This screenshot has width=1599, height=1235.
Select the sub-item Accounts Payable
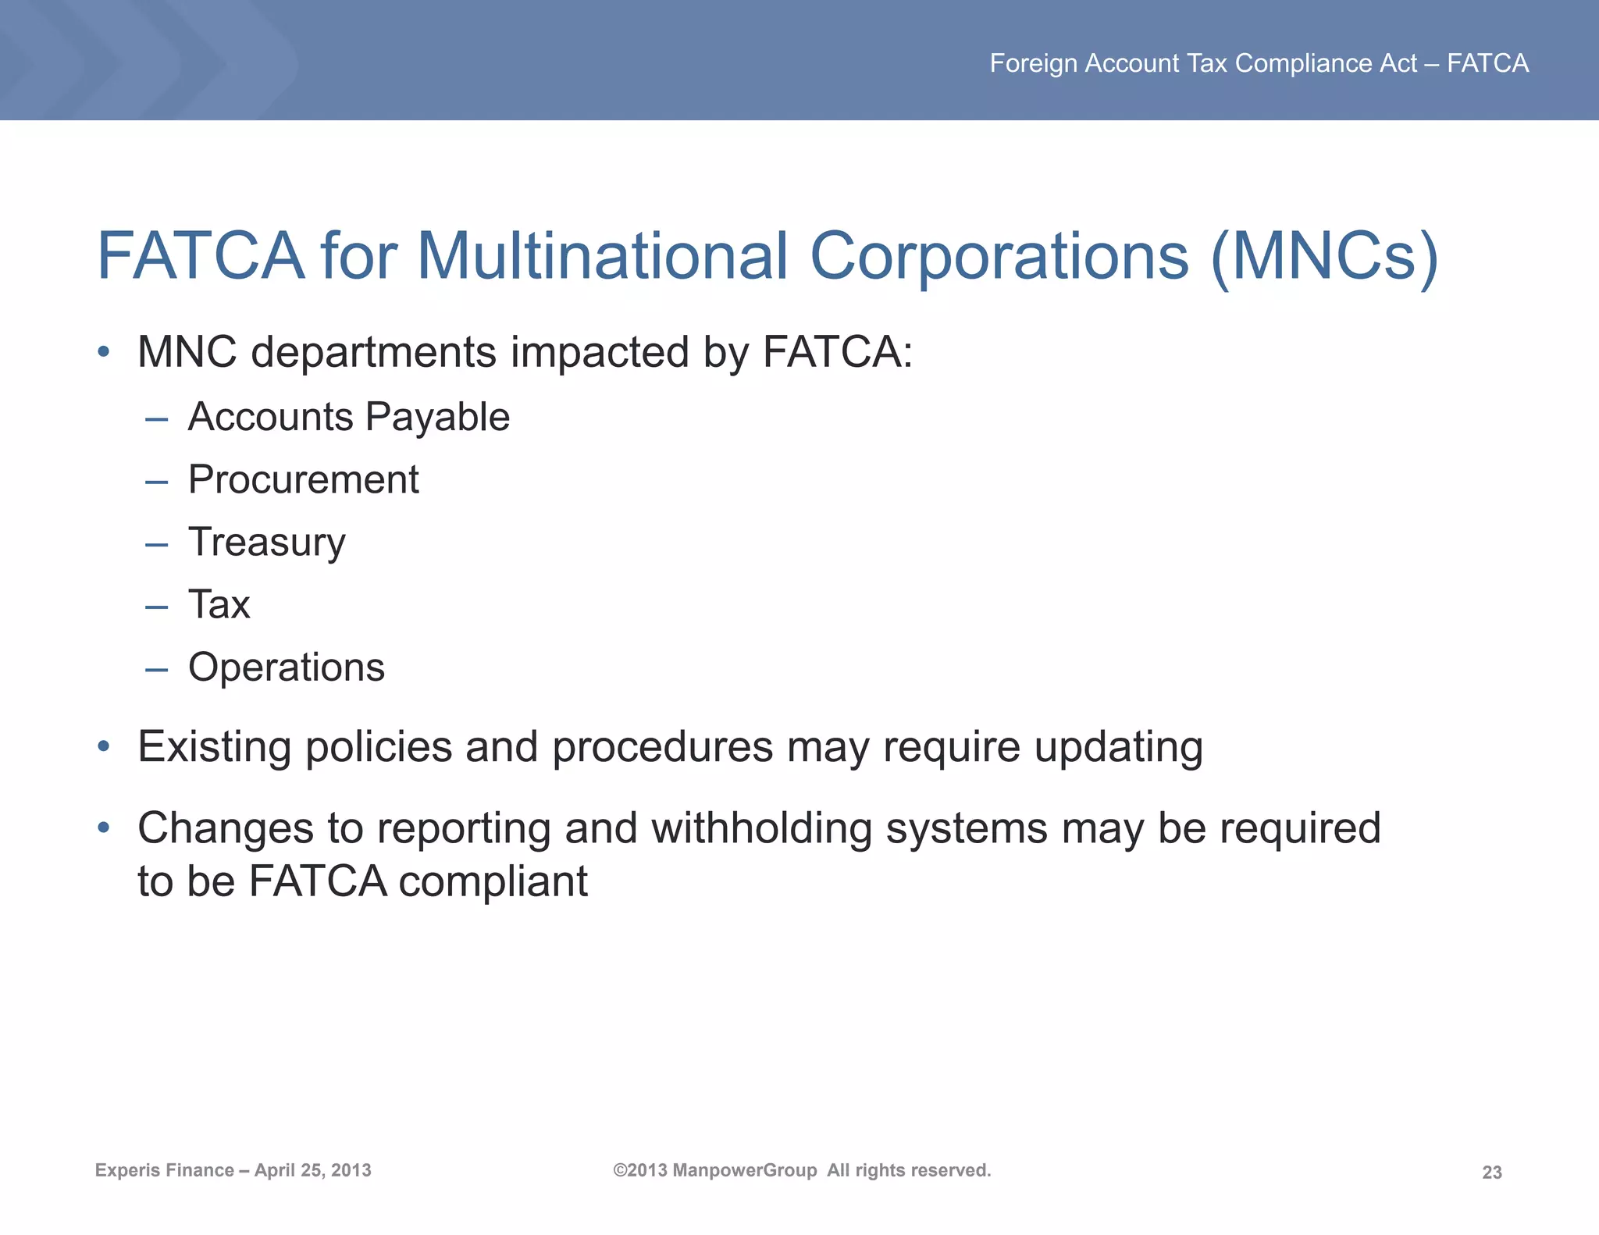coord(348,417)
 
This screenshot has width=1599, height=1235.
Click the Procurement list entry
coord(303,479)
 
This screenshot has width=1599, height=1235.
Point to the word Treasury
coord(266,543)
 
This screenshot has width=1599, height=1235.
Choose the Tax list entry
coord(219,605)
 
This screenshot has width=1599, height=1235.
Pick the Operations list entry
coord(287,667)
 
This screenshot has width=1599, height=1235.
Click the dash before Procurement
coord(156,482)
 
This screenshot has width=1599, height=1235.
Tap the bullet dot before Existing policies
coord(103,747)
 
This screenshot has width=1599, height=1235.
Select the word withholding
coord(761,828)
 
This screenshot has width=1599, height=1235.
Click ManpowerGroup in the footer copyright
coord(744,1170)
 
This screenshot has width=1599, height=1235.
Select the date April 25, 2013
coord(312,1170)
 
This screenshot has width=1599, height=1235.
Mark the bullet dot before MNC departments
coord(103,352)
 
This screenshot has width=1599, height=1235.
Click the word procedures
coord(662,748)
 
